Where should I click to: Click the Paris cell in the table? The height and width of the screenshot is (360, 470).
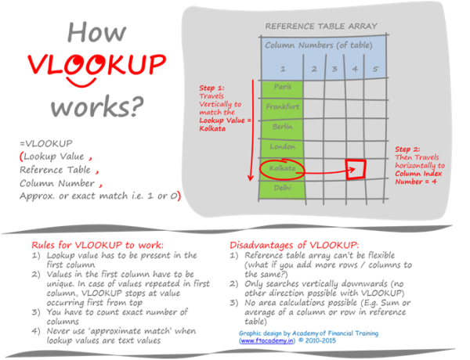coord(282,86)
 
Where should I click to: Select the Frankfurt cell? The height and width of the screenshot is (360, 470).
coord(282,106)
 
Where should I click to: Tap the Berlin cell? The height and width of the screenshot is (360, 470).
coord(282,125)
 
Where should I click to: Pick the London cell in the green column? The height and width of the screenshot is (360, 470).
coord(282,146)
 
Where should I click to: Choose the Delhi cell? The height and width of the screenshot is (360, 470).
coord(282,188)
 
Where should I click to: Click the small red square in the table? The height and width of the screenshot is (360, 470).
coord(356,167)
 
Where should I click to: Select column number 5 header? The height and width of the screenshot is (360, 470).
coord(375,69)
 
